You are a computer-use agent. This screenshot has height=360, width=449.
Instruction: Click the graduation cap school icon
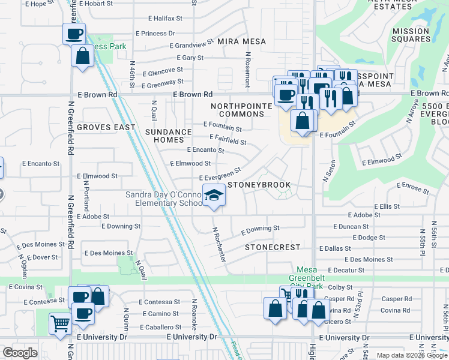pyautogui.click(x=213, y=195)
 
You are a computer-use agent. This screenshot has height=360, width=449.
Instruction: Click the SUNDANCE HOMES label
pyautogui.click(x=168, y=136)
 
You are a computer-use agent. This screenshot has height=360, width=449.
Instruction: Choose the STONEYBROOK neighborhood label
pyautogui.click(x=259, y=185)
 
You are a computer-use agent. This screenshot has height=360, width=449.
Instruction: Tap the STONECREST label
pyautogui.click(x=268, y=247)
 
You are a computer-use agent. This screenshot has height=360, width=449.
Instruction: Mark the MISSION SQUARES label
pyautogui.click(x=411, y=35)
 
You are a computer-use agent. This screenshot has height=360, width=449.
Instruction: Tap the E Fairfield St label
pyautogui.click(x=228, y=140)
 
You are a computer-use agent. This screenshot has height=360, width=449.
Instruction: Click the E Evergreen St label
pyautogui.click(x=220, y=175)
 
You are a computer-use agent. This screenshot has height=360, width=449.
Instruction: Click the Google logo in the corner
pyautogui.click(x=20, y=353)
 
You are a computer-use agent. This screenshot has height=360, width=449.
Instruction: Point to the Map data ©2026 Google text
pyautogui.click(x=411, y=355)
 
